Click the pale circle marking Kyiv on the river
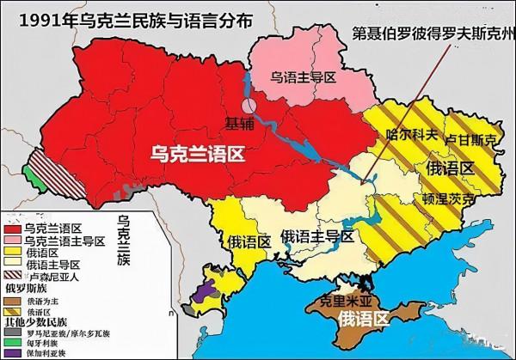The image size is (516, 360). (x=249, y=107)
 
